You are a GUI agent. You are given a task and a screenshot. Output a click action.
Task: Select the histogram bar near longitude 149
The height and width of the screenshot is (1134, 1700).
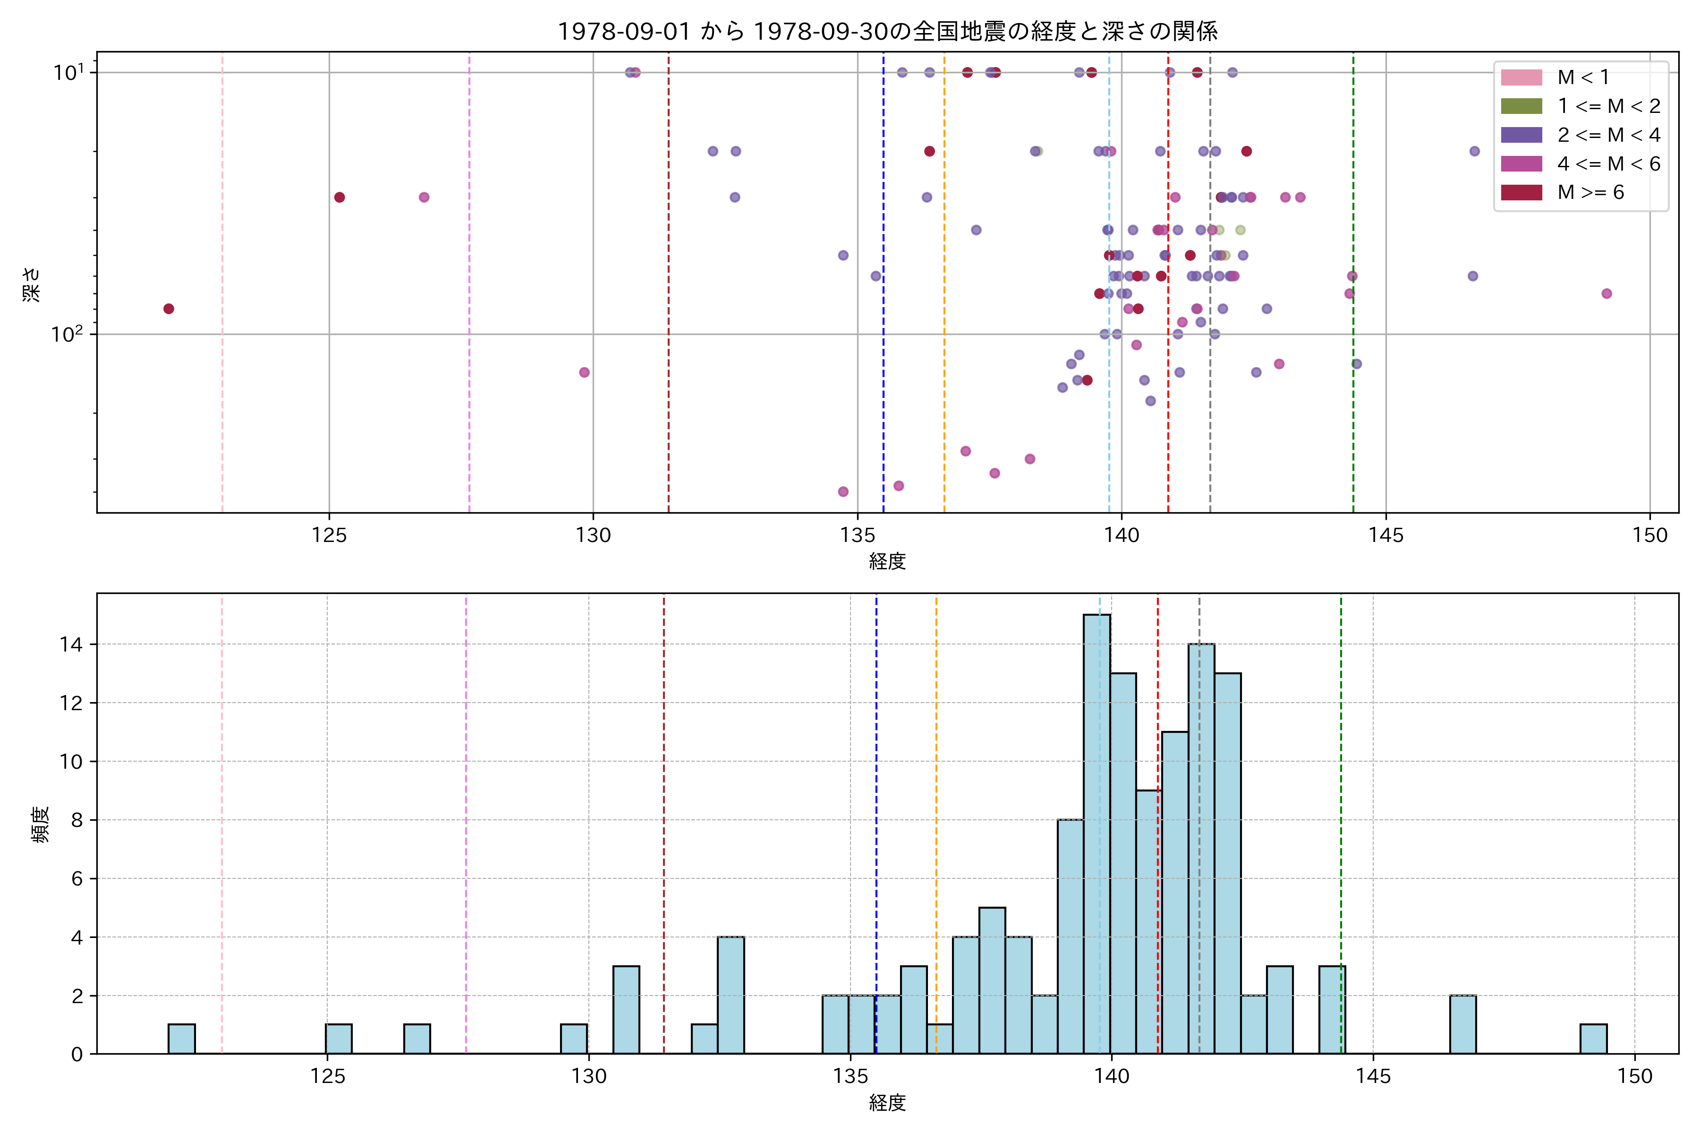[x=1593, y=1039]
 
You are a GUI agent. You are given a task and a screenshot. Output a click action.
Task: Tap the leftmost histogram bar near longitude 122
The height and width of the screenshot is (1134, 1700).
[x=181, y=1039]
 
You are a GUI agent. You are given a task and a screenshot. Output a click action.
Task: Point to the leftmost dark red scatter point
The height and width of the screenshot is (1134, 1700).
[x=169, y=309]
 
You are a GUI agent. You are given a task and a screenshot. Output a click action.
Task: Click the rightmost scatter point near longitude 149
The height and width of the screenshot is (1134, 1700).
[x=1606, y=293]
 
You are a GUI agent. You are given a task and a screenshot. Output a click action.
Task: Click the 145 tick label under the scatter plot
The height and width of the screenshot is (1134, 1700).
[x=1385, y=535]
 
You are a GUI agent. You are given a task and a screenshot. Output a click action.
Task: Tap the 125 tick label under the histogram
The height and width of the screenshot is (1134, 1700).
[x=327, y=1076]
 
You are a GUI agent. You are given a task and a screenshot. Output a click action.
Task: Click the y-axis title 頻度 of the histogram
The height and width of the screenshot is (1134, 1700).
[x=41, y=825]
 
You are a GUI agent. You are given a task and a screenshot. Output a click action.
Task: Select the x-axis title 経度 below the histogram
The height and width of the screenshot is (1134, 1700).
[x=887, y=1103]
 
